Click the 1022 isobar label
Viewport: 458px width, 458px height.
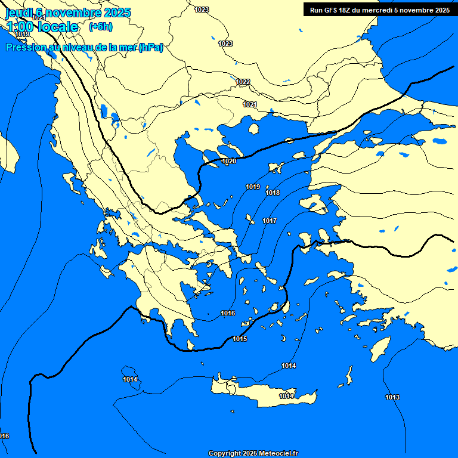pyautogui.click(x=243, y=82)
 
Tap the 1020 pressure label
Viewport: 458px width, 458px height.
pyautogui.click(x=229, y=162)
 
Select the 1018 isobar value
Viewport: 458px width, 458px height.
pyautogui.click(x=273, y=193)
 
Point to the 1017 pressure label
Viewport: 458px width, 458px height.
pyautogui.click(x=270, y=221)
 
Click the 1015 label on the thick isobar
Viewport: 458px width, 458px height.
pyautogui.click(x=240, y=339)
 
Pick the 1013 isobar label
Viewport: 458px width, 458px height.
pyautogui.click(x=392, y=397)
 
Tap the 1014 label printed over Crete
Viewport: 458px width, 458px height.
pyautogui.click(x=287, y=396)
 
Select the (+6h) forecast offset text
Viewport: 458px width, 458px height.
pyautogui.click(x=100, y=26)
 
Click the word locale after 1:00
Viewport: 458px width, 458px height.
pyautogui.click(x=57, y=27)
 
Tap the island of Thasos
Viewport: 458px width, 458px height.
pyautogui.click(x=253, y=129)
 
